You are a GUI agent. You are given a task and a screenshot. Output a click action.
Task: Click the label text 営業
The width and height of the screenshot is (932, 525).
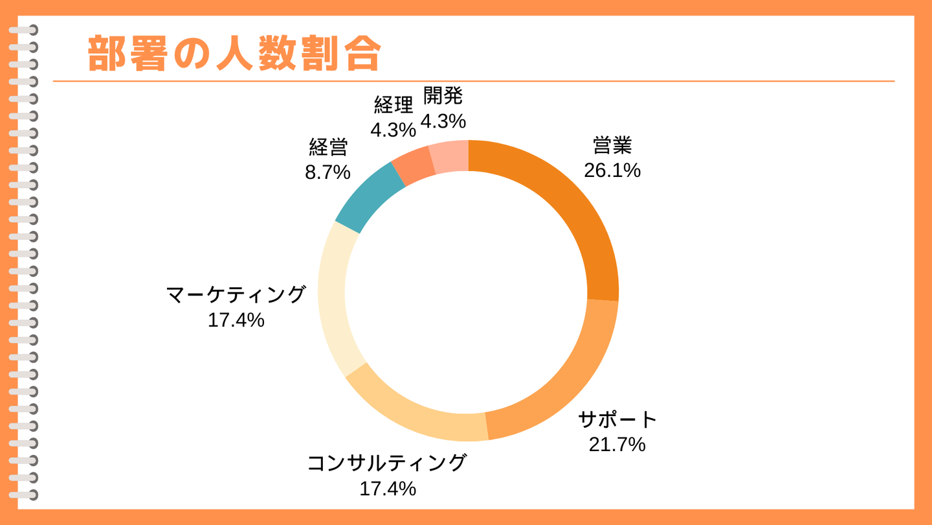pos(612,145)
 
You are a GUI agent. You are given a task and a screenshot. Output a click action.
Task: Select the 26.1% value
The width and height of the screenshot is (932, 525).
pos(612,170)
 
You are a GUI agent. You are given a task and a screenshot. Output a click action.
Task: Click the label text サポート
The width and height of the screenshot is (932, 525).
pos(617,419)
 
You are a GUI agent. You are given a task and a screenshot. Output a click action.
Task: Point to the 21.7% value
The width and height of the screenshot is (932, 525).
pos(617,445)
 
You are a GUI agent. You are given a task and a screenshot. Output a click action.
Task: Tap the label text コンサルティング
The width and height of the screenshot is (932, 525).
pos(387,463)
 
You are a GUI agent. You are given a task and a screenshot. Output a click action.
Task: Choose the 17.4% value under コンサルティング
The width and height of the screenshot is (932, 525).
pos(387,488)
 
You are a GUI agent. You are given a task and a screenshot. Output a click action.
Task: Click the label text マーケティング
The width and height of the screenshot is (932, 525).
pos(236,294)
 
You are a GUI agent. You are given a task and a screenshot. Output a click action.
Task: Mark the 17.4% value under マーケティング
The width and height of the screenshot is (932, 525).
pos(236,320)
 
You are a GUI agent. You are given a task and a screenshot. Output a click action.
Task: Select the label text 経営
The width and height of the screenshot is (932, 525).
pos(328,147)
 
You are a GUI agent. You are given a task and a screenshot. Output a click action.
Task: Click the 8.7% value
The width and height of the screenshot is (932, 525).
pos(328,172)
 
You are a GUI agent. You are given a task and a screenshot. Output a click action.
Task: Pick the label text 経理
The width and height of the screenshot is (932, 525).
pos(393,104)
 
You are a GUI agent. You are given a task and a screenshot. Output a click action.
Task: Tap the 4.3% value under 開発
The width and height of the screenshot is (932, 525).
pos(443,121)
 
